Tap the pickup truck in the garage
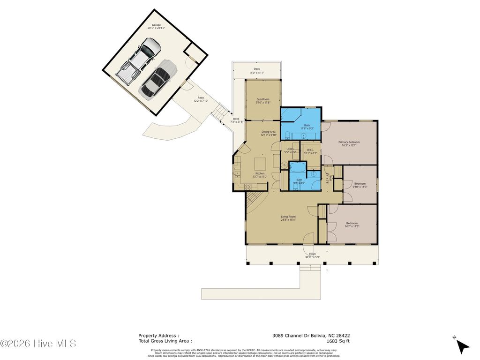click(139, 61)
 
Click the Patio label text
click(201, 99)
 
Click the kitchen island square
click(260, 165)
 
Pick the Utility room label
click(290, 150)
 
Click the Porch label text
click(312, 255)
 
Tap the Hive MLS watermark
click(38, 344)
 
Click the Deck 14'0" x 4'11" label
click(257, 70)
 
